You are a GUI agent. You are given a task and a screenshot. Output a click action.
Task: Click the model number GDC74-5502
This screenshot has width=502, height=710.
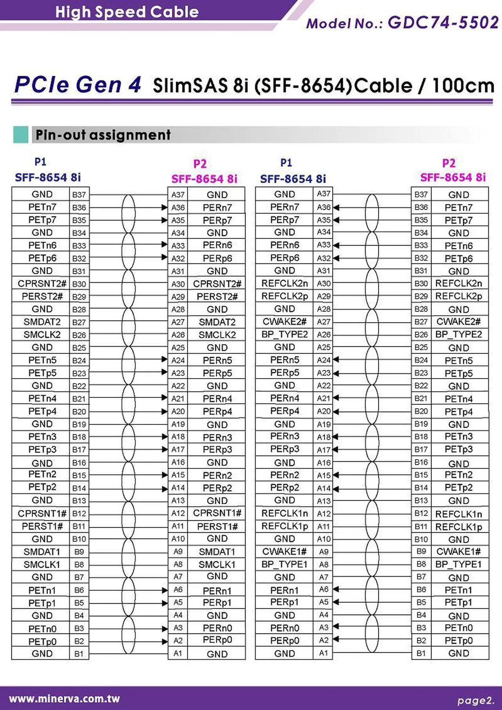coord(443,22)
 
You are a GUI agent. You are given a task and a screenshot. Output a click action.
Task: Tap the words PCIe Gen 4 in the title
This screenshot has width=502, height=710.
coord(77,85)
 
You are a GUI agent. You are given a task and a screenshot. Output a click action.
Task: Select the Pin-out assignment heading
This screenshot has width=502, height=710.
coord(103,135)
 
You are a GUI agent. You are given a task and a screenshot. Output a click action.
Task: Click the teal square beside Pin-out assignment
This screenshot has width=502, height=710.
coord(20,135)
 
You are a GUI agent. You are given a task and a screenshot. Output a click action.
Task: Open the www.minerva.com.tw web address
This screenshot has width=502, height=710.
coord(64,699)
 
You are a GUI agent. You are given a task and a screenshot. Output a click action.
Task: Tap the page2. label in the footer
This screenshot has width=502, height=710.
coord(475,700)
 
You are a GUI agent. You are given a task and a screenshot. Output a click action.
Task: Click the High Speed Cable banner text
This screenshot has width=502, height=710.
coord(127,12)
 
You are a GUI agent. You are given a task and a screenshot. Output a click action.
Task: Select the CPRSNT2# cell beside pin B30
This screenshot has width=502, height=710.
coord(42,284)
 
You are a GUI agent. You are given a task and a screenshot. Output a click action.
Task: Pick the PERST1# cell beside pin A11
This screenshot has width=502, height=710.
coord(217,526)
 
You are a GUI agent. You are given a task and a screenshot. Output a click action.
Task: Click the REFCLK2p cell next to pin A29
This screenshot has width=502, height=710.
coord(284,296)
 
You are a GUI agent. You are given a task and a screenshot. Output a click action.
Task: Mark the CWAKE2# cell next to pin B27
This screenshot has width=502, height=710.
coord(458,322)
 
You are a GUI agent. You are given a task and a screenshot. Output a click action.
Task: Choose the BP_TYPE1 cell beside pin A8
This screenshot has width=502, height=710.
coord(284,564)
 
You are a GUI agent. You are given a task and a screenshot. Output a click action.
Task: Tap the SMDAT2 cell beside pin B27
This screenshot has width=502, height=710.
coord(42,322)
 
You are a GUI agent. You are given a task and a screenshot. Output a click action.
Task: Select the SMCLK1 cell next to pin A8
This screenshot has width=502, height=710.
coord(217,564)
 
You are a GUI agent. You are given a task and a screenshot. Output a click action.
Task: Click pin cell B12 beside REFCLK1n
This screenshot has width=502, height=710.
coord(421,513)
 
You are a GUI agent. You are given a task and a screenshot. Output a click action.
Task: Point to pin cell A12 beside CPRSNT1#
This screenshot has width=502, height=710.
coord(178,513)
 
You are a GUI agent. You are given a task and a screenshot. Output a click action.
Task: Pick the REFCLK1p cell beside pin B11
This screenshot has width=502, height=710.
coord(458,527)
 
